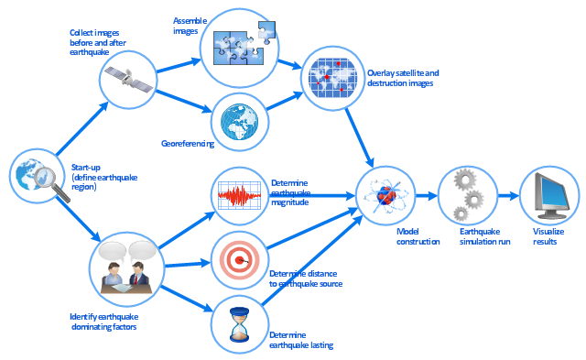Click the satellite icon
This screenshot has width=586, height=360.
(x=128, y=80)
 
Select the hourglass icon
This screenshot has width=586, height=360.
(x=239, y=324)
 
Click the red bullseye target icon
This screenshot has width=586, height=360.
(x=239, y=260)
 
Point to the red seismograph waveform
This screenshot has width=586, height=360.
(x=239, y=195)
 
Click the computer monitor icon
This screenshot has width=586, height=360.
(x=551, y=195)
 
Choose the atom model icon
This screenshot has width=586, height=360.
(x=386, y=195)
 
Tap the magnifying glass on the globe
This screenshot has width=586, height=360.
(x=51, y=183)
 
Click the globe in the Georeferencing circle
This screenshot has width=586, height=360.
(x=239, y=122)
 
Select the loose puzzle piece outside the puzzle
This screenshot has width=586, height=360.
(x=266, y=31)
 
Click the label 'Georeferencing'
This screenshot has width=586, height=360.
(x=188, y=144)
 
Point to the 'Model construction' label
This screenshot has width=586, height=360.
(x=418, y=236)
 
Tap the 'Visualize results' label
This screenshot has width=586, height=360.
(x=548, y=236)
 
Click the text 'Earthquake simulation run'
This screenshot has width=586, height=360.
(x=484, y=236)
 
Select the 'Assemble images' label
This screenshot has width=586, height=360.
(x=190, y=26)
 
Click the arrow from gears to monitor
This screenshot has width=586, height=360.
(x=508, y=195)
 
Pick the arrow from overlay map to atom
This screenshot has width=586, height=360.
(x=359, y=138)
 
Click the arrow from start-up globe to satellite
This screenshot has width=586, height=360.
(x=81, y=128)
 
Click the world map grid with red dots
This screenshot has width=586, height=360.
(x=332, y=78)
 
